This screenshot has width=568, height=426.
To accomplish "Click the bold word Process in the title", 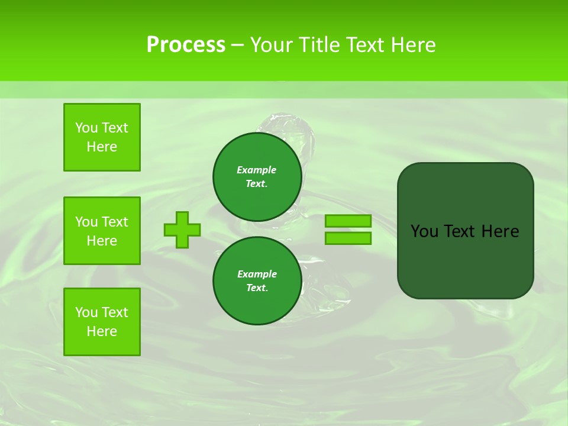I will pos(186,44).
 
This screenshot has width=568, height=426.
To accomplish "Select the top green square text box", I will pos(102,137).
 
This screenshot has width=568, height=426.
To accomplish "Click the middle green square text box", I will pos(102,231).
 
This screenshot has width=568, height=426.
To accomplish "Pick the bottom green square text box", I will pos(102,322).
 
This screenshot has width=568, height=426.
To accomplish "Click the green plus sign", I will pos(182,230).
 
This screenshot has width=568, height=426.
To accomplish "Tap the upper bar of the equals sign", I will pos(348,221).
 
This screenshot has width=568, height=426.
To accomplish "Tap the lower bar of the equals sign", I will pos(348,238).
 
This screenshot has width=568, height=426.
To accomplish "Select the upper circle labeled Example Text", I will pos(257,177).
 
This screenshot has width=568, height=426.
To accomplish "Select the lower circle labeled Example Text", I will pos(257,281).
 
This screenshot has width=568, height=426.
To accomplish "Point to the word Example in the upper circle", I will pos(256,170).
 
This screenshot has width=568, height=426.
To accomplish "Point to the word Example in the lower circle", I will pos(257,274).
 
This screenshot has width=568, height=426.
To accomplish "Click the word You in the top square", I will pos(86,128).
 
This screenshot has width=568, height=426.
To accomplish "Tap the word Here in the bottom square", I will pos(102,331).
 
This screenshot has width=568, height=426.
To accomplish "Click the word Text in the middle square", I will pos(115,222).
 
